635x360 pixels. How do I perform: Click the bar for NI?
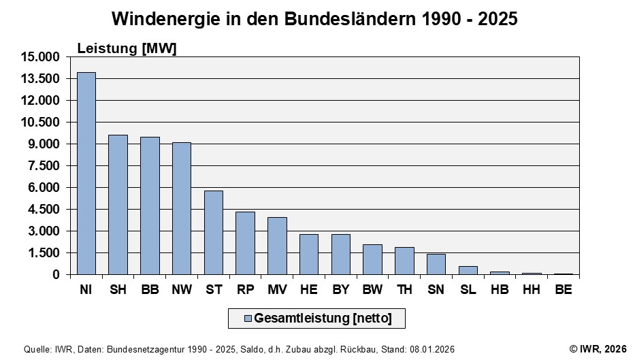click(86, 174)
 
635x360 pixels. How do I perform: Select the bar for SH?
click(118, 205)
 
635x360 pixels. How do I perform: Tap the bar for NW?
click(182, 208)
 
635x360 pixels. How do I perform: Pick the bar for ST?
click(214, 233)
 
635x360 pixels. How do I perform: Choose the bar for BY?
click(341, 255)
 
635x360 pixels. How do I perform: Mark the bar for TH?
click(404, 261)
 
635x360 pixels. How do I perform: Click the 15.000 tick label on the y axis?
click(42, 57)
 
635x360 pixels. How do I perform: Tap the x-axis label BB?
click(150, 291)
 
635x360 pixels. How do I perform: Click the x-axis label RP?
click(245, 291)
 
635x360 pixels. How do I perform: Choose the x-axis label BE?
click(563, 291)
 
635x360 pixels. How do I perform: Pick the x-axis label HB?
click(500, 291)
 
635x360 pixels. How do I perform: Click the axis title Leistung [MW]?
click(127, 48)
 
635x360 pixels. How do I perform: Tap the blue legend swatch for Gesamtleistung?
click(248, 318)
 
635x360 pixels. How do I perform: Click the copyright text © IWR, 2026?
click(598, 349)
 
